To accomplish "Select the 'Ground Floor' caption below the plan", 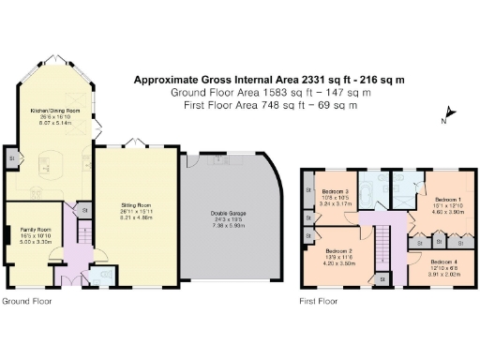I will pyautogui.click(x=26, y=302).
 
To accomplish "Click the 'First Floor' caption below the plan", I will pyautogui.click(x=319, y=302).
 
